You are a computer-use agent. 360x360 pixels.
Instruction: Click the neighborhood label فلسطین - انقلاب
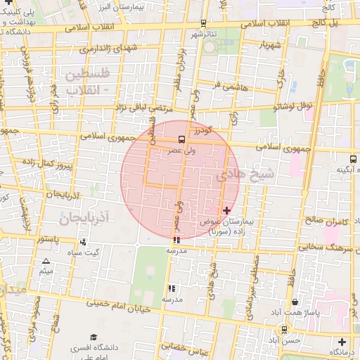[x=86, y=82]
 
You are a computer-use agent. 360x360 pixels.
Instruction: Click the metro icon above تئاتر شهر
[x=203, y=23]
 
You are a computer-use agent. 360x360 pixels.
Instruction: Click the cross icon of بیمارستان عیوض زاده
[x=226, y=210]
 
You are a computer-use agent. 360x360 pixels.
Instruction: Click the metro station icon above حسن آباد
[x=283, y=329]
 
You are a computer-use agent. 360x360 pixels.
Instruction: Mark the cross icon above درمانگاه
[x=341, y=342]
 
